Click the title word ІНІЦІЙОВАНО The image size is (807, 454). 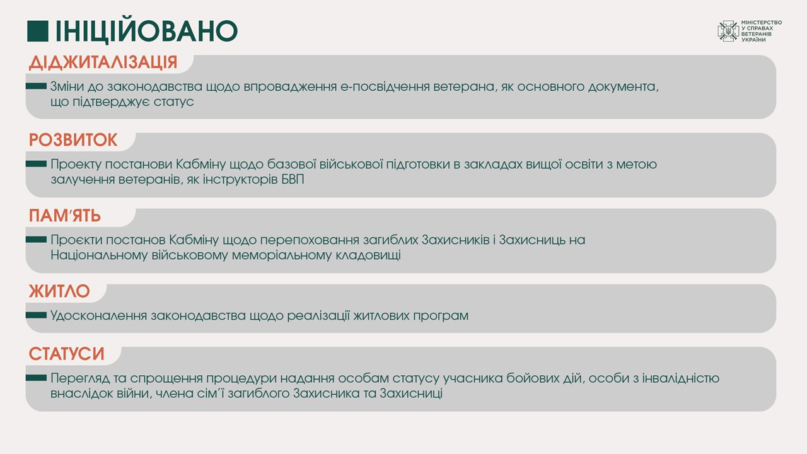(x=147, y=30)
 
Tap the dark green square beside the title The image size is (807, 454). (x=38, y=31)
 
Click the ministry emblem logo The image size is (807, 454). (x=728, y=31)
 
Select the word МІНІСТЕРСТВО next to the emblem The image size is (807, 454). (x=761, y=22)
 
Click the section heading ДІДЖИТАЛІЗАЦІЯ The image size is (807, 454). (x=103, y=62)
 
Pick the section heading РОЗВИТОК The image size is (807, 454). (x=73, y=140)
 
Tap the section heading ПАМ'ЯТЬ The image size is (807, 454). (x=65, y=216)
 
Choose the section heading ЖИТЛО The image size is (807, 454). (x=59, y=291)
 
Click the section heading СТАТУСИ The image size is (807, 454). (x=67, y=354)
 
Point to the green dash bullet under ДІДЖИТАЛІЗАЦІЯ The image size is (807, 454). (x=36, y=86)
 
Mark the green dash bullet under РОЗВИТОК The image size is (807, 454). (x=36, y=164)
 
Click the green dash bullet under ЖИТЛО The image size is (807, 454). (x=36, y=315)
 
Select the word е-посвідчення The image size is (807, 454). (x=385, y=87)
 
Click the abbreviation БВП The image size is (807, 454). (x=293, y=180)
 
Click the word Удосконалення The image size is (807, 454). (x=98, y=316)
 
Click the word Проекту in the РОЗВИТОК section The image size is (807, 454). (x=76, y=165)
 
